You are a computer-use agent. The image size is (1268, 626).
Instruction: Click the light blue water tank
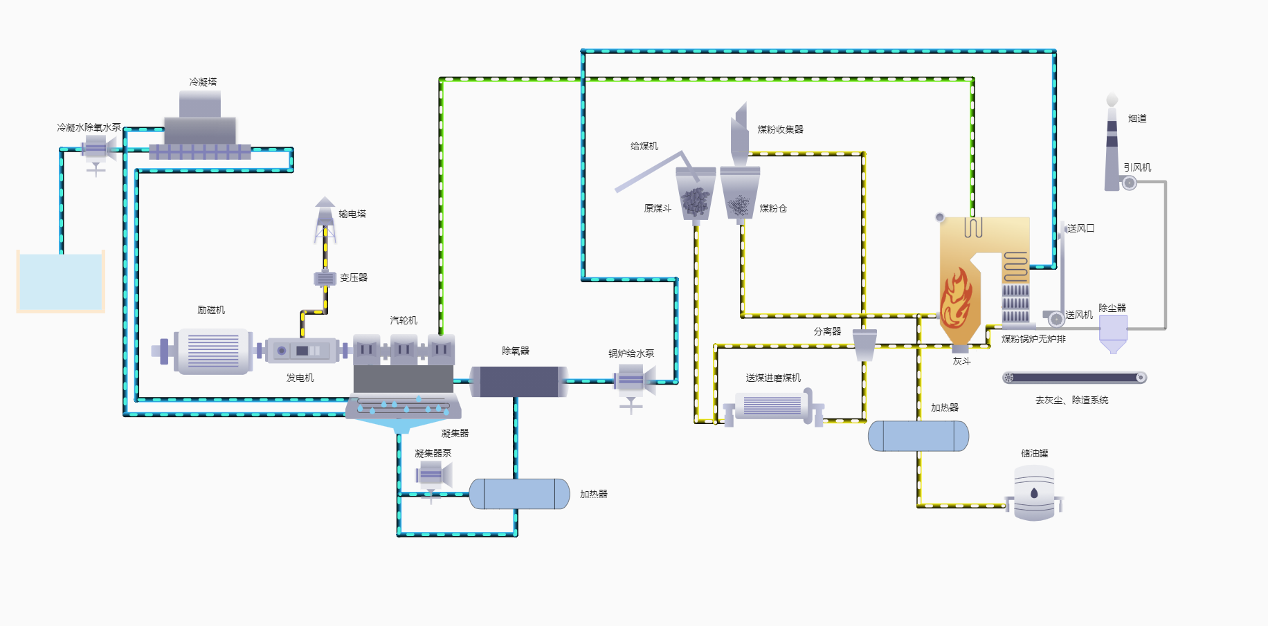pos(61,281)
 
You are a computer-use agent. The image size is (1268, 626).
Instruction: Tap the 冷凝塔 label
pos(203,82)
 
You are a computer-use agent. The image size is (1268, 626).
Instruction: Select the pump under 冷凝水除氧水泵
pos(96,150)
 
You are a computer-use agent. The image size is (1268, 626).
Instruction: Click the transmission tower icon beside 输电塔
pos(325,221)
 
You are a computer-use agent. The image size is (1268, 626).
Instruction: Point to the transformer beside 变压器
pos(325,278)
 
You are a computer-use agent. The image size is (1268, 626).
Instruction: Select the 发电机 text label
pos(300,378)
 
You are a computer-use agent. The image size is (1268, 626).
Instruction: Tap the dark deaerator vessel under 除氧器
pos(518,381)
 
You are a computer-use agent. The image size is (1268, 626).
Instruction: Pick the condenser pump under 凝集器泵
pos(432,476)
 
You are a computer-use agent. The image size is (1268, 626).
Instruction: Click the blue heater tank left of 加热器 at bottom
pos(519,494)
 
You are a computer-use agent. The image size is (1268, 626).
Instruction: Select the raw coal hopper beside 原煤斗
pos(695,196)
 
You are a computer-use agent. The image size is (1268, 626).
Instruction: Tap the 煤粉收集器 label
pos(780,129)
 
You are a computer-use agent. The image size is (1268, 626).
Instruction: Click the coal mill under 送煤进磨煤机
pos(772,407)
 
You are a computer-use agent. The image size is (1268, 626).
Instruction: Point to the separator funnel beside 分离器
pos(864,344)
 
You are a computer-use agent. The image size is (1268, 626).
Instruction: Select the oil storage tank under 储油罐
pos(1033,492)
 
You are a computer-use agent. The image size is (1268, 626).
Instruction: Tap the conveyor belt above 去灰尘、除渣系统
pos(1074,378)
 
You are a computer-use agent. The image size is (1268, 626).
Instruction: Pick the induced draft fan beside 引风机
pos(1129,183)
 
